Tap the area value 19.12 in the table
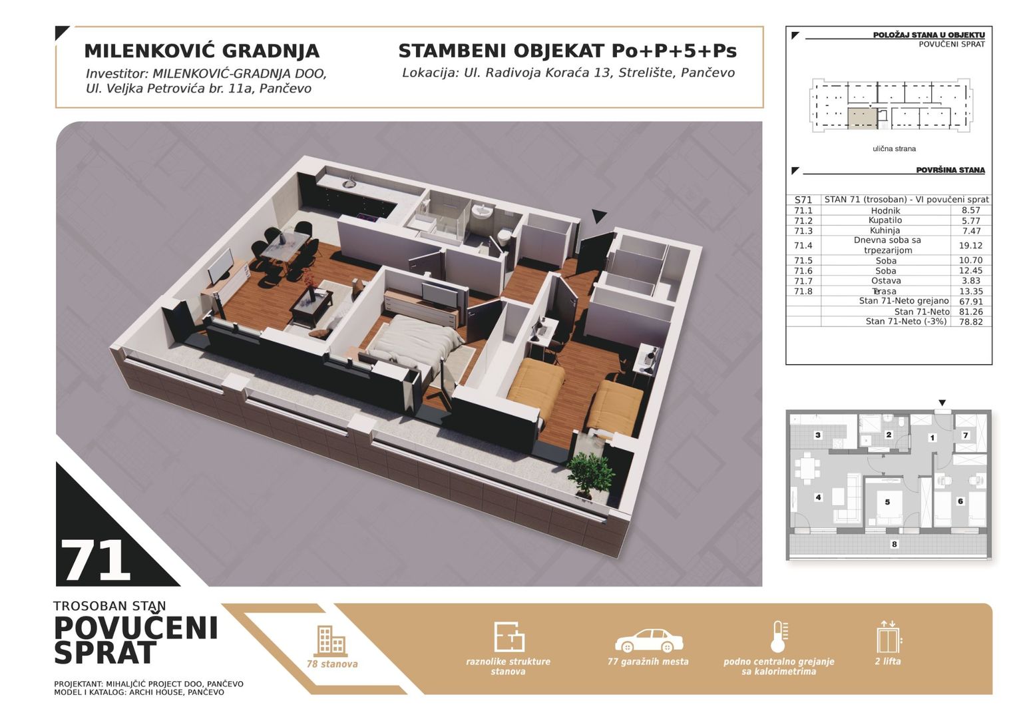tap(971, 246)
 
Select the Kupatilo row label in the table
tap(885, 220)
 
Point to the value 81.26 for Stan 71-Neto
tap(971, 312)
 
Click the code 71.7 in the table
tap(803, 281)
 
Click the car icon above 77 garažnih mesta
tap(648, 640)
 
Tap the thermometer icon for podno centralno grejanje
tap(779, 637)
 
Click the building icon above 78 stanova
tap(331, 640)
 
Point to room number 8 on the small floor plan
tap(894, 544)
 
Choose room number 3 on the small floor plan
tap(818, 435)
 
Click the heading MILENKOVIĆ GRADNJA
tap(202, 51)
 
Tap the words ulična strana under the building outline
tap(894, 148)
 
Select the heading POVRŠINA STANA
tap(950, 170)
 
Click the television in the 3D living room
tap(220, 266)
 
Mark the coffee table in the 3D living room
tap(311, 305)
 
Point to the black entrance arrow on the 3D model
tap(599, 216)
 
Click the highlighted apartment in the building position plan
tap(862, 117)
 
